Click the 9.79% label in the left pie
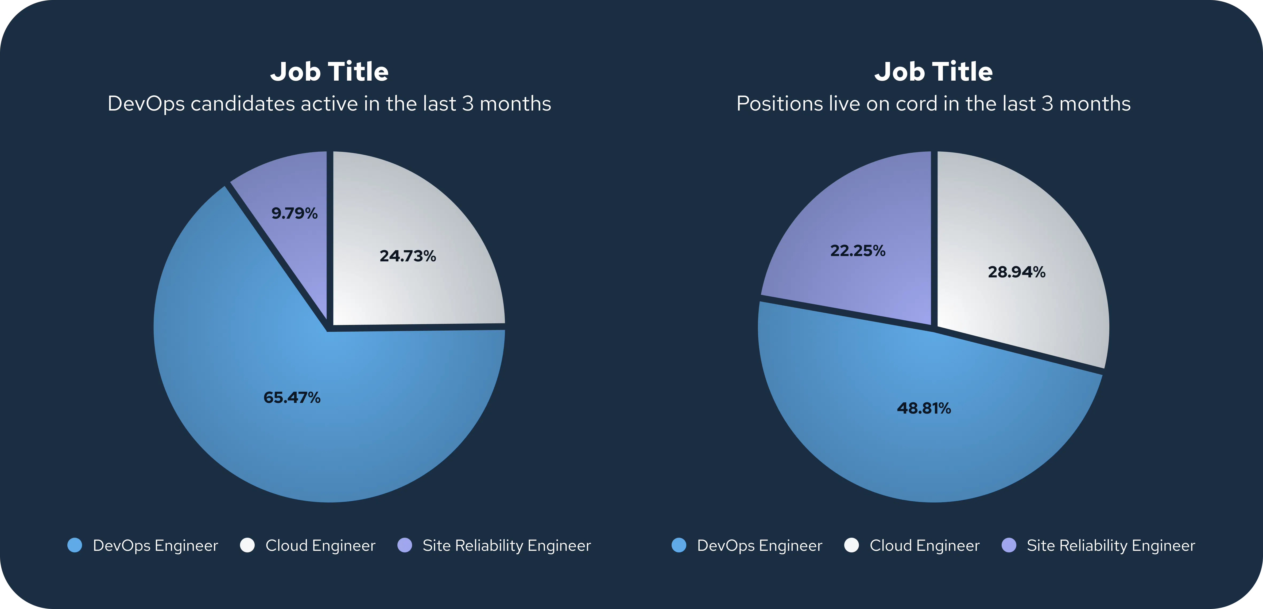(294, 213)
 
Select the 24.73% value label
(408, 256)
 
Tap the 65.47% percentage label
(292, 397)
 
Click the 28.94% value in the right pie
(1016, 272)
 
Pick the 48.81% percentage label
(924, 408)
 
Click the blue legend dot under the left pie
(75, 545)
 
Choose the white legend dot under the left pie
(247, 545)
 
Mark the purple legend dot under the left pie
(405, 545)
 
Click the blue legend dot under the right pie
(679, 545)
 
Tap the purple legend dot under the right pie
(1009, 545)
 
